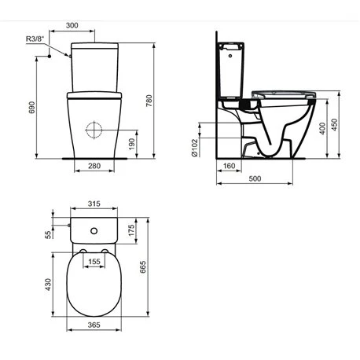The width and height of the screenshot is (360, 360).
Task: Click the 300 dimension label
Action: click(x=72, y=25)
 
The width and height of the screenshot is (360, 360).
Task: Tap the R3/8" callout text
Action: click(x=35, y=39)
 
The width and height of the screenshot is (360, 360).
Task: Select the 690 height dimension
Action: click(x=31, y=108)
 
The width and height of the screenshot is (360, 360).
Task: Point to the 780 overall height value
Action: click(x=149, y=101)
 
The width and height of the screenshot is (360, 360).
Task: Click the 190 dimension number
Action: click(x=132, y=144)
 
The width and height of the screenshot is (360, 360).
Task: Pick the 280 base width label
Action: click(x=94, y=166)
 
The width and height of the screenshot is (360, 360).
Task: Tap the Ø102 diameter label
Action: click(x=194, y=148)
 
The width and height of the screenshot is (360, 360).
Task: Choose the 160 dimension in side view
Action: click(x=229, y=166)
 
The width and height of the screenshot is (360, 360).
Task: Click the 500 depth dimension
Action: click(x=255, y=178)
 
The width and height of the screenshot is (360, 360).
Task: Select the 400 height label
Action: click(x=323, y=128)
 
